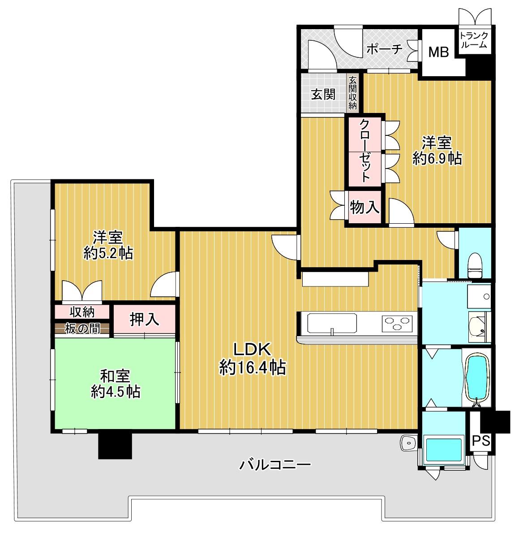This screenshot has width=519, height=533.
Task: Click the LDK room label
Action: [252, 359]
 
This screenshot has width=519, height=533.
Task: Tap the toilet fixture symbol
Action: [474, 266]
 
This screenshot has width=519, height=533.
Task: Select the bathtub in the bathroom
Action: [477, 378]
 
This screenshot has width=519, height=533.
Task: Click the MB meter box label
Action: [438, 52]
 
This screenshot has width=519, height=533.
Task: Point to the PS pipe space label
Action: [481, 441]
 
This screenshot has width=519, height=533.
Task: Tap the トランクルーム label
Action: [474, 40]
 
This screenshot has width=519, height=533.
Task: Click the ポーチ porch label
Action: [385, 50]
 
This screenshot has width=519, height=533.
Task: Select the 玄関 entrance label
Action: [323, 94]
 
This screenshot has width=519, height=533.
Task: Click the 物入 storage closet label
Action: [365, 207]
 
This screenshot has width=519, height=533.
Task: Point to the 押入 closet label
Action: [144, 319]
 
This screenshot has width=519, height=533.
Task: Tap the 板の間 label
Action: [82, 329]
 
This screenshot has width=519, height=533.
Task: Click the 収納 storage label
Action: [82, 312]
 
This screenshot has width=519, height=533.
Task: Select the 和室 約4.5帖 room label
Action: [116, 384]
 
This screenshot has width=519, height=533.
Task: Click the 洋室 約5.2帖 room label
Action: [108, 245]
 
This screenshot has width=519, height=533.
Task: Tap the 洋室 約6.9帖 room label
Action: [437, 151]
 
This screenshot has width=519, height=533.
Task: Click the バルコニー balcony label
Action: [275, 464]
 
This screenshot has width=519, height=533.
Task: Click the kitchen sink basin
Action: [332, 324]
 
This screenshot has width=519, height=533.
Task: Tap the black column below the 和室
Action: [115, 445]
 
